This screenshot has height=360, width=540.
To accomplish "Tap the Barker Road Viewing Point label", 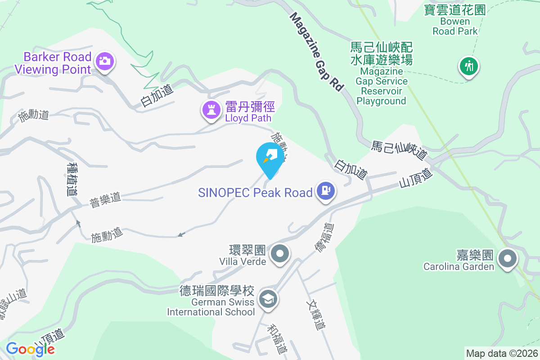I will [53, 63].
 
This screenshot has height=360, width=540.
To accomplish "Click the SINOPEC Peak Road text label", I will [255, 193].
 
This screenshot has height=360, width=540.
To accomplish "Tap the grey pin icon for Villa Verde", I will [281, 254].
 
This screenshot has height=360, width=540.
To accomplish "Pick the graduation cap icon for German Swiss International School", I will [268, 299].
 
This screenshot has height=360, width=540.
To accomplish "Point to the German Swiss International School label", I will [211, 301].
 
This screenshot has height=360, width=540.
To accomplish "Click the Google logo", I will [30, 349].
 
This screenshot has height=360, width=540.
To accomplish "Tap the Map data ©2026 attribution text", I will [502, 353].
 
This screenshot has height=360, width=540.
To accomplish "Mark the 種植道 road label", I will [71, 179].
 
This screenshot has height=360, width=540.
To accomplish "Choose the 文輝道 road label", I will [315, 315].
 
